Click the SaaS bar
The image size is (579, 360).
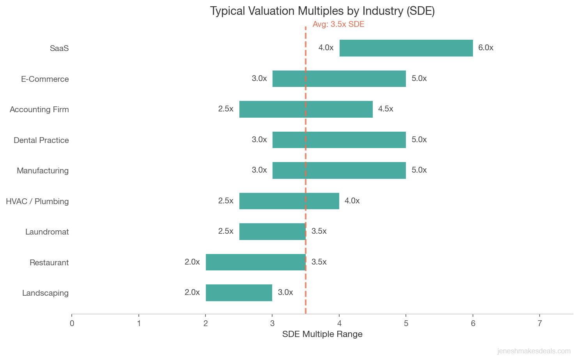(406, 48)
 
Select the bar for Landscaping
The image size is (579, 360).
(239, 293)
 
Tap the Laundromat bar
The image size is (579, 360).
(272, 231)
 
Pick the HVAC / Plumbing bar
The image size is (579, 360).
(289, 201)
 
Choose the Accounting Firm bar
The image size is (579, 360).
(306, 109)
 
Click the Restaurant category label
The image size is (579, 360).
(49, 263)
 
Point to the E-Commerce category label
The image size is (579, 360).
(45, 79)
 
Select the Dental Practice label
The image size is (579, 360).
(41, 140)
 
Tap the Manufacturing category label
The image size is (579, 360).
(42, 171)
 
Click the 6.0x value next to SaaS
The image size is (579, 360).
(486, 48)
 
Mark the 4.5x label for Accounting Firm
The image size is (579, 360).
(386, 109)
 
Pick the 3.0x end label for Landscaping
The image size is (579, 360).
(285, 292)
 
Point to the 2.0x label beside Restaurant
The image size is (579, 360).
(192, 262)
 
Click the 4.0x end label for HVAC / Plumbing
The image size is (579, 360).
(352, 201)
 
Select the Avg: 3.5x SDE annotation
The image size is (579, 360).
(338, 24)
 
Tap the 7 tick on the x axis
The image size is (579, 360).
(540, 323)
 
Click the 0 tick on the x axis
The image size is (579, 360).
(72, 323)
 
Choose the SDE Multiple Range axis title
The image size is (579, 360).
(322, 334)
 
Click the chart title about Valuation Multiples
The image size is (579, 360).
(322, 11)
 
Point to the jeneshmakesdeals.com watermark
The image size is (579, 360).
(534, 351)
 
